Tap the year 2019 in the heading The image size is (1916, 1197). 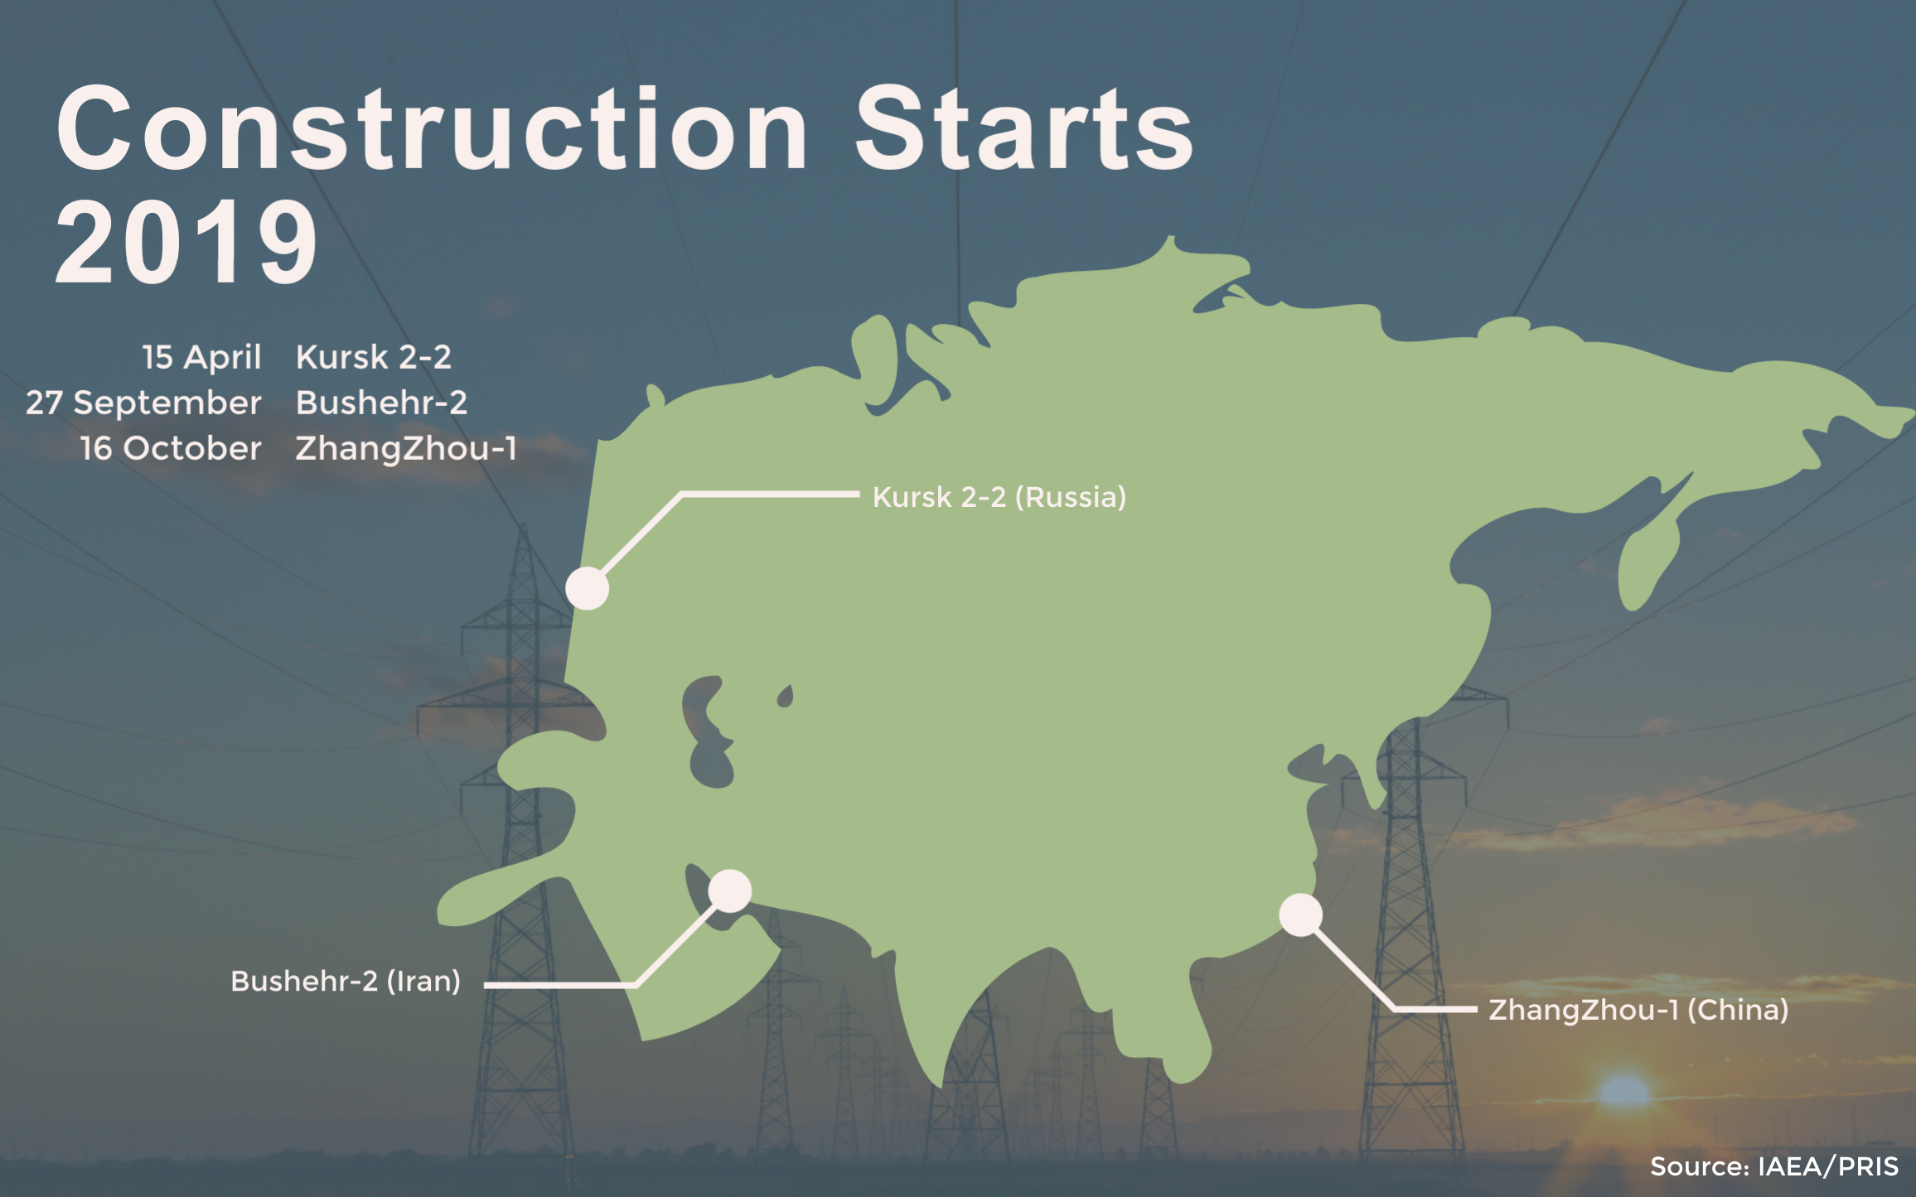(186, 242)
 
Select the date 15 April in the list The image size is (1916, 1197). (201, 357)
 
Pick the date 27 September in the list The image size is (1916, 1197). (143, 403)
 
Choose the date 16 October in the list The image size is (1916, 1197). (171, 448)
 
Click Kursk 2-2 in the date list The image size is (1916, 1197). (374, 357)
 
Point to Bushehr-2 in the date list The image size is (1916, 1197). (382, 403)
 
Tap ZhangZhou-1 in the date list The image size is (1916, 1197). (406, 448)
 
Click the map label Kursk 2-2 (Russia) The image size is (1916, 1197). (999, 497)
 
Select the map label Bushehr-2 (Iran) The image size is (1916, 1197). (346, 981)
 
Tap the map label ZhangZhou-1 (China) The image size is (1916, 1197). (1638, 1010)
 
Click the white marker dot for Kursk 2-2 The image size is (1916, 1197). (588, 588)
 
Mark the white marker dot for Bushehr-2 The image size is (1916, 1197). (730, 891)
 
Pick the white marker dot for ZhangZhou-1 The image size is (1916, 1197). (1301, 915)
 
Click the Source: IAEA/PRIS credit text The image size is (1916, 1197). (1774, 1166)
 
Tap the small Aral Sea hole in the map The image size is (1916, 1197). (785, 697)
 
